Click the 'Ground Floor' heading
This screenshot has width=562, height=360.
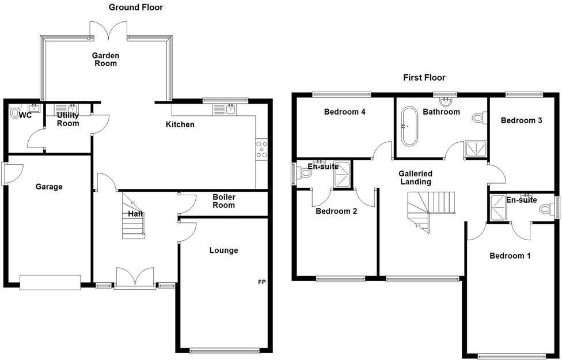136,7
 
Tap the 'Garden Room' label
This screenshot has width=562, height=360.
106,59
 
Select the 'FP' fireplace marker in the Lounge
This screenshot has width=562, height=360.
262,282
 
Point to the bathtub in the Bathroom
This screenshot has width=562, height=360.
409,126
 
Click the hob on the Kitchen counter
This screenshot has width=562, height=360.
261,149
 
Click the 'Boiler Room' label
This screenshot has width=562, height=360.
224,201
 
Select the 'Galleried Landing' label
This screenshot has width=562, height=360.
415,177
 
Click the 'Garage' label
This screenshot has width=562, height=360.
49,187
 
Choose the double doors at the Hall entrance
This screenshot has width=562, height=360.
134,279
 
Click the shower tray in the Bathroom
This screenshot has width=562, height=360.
476,149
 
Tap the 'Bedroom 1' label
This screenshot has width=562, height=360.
510,256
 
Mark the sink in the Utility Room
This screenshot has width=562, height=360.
73,108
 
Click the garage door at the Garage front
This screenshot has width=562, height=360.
50,282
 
